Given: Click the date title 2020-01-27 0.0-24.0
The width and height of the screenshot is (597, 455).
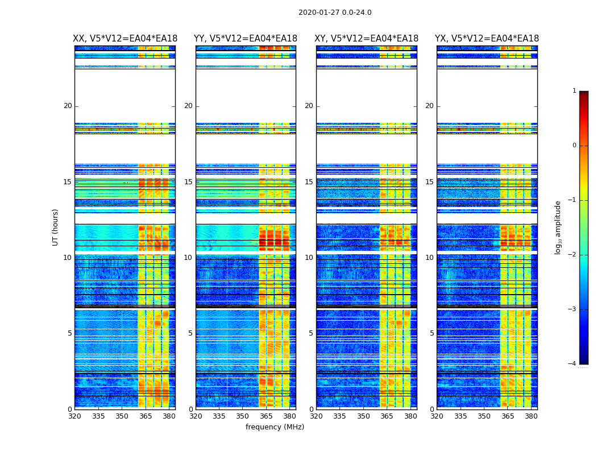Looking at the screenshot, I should [335, 13].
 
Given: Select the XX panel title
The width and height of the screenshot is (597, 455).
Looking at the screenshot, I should [125, 39].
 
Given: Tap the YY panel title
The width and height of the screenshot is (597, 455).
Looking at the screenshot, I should [246, 39].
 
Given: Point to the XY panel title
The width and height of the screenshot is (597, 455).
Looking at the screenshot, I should [367, 39].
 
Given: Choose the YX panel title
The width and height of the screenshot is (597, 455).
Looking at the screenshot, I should [487, 39].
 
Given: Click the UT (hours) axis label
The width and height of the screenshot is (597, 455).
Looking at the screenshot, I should [56, 227].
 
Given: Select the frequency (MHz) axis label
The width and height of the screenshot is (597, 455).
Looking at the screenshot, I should [275, 427].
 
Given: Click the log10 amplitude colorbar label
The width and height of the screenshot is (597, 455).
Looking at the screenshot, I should [558, 227].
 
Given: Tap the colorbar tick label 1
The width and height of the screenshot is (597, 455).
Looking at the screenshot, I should [574, 91].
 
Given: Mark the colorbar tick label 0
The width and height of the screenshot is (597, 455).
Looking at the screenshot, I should [574, 146].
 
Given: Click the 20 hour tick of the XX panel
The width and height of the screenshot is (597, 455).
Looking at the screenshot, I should [68, 106].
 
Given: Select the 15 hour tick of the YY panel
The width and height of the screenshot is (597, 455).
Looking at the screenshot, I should [188, 182].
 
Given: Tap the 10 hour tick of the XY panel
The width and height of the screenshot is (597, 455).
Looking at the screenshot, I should [309, 258].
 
